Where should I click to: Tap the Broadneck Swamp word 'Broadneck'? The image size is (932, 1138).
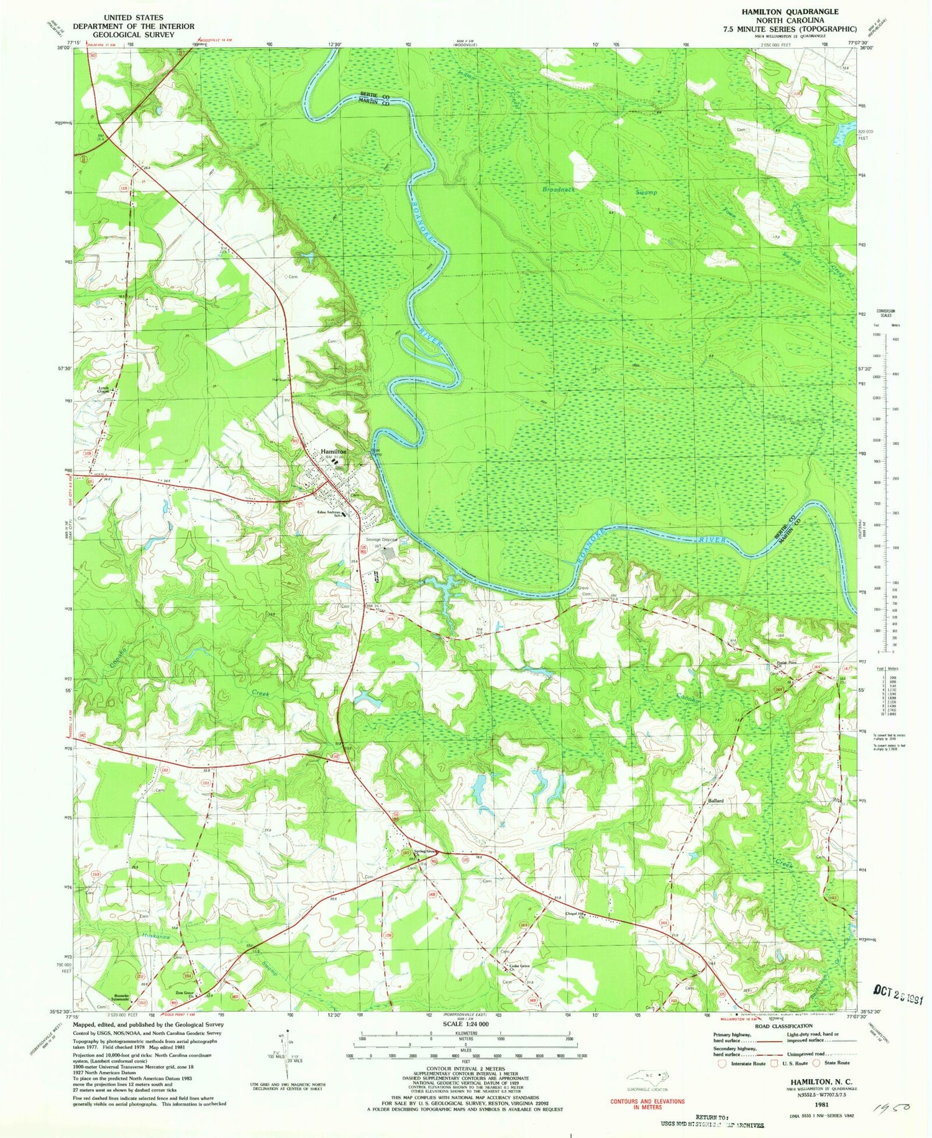pos(561,189)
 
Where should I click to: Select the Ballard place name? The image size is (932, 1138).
pos(715,801)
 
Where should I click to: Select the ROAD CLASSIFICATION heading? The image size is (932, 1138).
pos(784,1026)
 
